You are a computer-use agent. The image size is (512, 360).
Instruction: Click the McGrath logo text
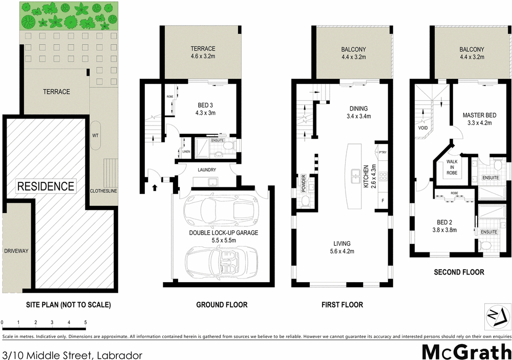[466, 352]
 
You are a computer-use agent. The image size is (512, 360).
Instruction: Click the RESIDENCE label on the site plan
[46, 186]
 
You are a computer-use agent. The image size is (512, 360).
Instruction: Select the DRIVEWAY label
[16, 251]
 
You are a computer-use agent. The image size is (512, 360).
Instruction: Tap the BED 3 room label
[206, 105]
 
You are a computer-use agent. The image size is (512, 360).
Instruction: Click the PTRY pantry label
[382, 152]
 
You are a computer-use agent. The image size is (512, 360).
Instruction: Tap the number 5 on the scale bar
[85, 323]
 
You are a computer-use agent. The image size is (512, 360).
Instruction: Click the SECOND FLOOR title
[458, 272]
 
